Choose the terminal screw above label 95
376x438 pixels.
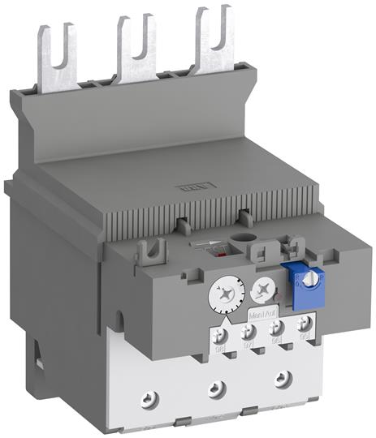[305, 324]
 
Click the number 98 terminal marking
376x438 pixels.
[218, 349]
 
